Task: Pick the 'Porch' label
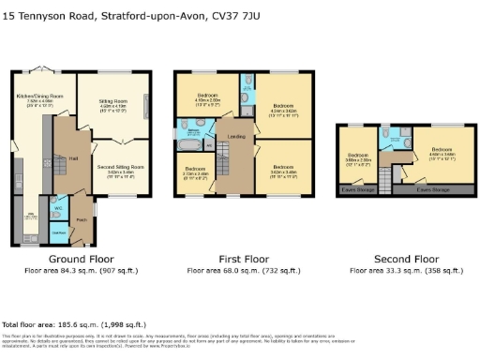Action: pyautogui.click(x=81, y=223)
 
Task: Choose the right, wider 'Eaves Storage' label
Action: pyautogui.click(x=433, y=190)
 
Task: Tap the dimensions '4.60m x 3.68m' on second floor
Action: pyautogui.click(x=442, y=156)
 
